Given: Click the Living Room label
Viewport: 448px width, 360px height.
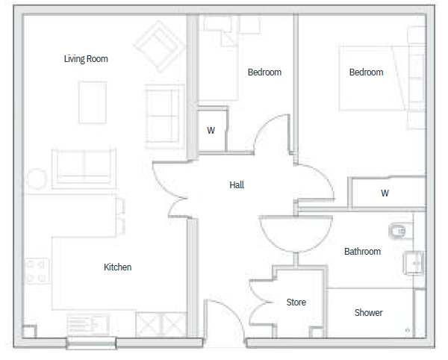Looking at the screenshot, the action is (x=86, y=59).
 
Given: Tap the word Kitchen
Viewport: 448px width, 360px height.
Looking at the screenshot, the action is (x=117, y=267).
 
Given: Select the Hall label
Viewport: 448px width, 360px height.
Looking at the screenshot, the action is (x=237, y=185).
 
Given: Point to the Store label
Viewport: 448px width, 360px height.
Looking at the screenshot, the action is (x=296, y=302).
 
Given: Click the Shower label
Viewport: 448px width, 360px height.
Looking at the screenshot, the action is (x=368, y=312).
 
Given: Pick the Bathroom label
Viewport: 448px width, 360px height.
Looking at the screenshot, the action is (x=362, y=252).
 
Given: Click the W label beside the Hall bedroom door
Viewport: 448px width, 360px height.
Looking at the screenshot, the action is (x=211, y=131).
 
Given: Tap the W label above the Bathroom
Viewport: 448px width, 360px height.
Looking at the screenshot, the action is (x=385, y=193).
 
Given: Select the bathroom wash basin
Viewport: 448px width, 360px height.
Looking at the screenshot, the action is (x=413, y=263).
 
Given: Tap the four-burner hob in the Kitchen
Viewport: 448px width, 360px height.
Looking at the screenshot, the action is (x=37, y=271).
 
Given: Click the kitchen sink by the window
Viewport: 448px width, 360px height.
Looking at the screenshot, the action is (x=88, y=325).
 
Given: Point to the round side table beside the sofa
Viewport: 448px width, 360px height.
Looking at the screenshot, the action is (x=37, y=179).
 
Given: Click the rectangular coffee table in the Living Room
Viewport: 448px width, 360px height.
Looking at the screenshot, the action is (x=93, y=102).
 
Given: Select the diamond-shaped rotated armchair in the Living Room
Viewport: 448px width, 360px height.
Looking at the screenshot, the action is (x=160, y=46).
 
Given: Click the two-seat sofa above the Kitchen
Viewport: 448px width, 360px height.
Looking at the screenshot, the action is (x=84, y=169).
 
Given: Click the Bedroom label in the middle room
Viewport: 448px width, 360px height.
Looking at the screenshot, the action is (x=264, y=72).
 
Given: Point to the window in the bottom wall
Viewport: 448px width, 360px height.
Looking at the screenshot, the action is (x=91, y=343).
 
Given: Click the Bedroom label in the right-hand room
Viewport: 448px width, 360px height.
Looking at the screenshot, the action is (x=367, y=72).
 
